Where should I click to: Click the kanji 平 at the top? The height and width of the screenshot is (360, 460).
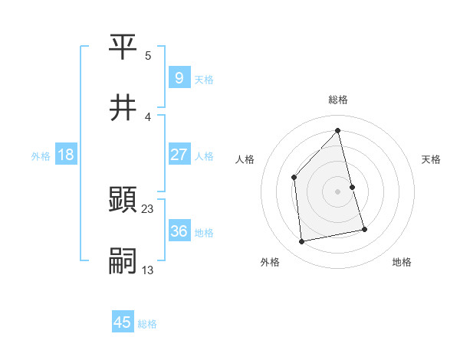123,48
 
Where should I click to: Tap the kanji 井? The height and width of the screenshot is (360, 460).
123,108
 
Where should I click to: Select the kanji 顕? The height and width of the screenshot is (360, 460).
123,200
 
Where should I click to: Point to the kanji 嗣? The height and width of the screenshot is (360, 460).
123,260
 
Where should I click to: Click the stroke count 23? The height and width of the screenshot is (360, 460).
148,208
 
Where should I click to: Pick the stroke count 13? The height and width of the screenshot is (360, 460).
148,270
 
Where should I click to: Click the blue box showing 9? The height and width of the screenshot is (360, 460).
179,78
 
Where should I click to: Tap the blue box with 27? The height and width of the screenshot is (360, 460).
179,155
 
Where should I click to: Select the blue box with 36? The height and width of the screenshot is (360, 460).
179,231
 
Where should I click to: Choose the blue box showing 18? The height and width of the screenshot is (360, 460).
66,155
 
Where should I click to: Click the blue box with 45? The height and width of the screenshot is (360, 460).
123,322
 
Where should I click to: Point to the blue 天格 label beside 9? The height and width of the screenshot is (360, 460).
204,79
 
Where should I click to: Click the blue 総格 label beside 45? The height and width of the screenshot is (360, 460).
147,323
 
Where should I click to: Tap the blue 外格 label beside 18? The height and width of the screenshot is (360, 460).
41,155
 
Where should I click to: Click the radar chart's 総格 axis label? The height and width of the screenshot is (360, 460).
338,100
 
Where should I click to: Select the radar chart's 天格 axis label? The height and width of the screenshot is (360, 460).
432,159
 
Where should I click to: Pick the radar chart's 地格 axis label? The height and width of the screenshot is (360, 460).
402,262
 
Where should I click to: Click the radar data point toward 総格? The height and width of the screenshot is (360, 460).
338,130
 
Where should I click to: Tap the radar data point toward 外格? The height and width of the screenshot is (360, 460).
302,242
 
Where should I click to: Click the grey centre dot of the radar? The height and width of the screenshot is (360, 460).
338,191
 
